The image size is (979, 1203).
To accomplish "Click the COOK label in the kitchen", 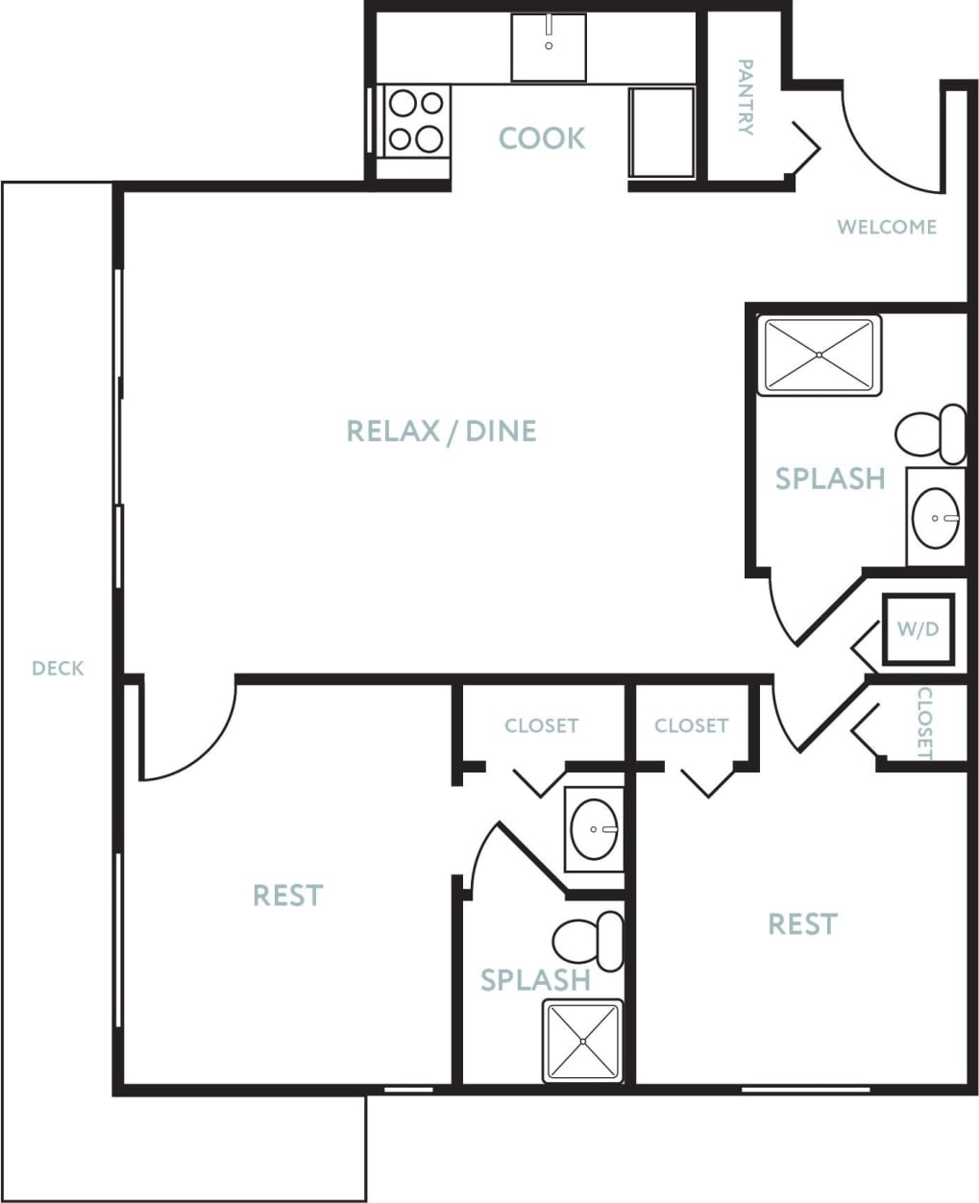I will (x=541, y=138).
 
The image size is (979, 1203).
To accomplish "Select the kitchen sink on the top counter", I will (x=548, y=47).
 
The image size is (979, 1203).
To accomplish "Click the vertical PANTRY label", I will (x=745, y=97).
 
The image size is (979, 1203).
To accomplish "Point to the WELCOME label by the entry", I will (x=886, y=228).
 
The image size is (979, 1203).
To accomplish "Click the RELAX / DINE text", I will (x=441, y=430).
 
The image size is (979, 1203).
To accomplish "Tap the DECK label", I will (x=58, y=668).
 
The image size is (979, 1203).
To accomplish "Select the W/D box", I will (x=918, y=629).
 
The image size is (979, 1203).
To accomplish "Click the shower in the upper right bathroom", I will (x=819, y=355).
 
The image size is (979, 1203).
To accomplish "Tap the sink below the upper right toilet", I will (x=935, y=517).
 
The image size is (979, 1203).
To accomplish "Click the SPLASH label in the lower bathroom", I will (x=534, y=980).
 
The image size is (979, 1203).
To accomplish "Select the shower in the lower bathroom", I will (x=582, y=1042).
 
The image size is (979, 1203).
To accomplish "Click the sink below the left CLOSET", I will (x=594, y=829).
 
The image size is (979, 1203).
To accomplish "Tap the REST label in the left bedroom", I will (x=287, y=896).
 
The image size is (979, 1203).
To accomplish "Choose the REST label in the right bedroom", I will (x=802, y=924).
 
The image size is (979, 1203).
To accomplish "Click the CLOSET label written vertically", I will (x=924, y=723).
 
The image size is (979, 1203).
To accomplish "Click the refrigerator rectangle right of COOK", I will (x=662, y=132).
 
